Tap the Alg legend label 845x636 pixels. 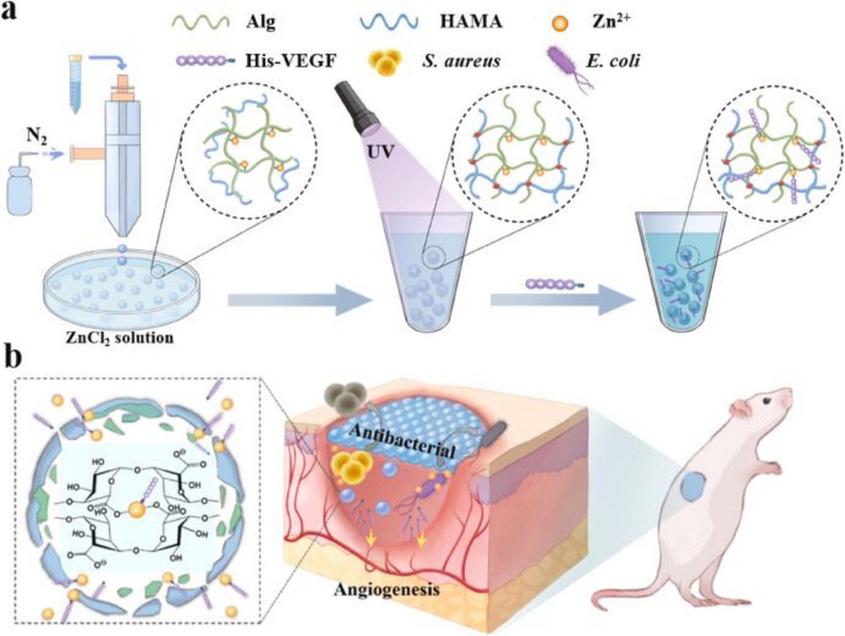[x=260, y=22]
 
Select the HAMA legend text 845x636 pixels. [x=470, y=22]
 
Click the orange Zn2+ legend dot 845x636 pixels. [x=560, y=23]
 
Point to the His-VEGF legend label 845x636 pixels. [x=291, y=61]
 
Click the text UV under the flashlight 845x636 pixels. [x=380, y=151]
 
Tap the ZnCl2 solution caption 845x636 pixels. [x=120, y=338]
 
